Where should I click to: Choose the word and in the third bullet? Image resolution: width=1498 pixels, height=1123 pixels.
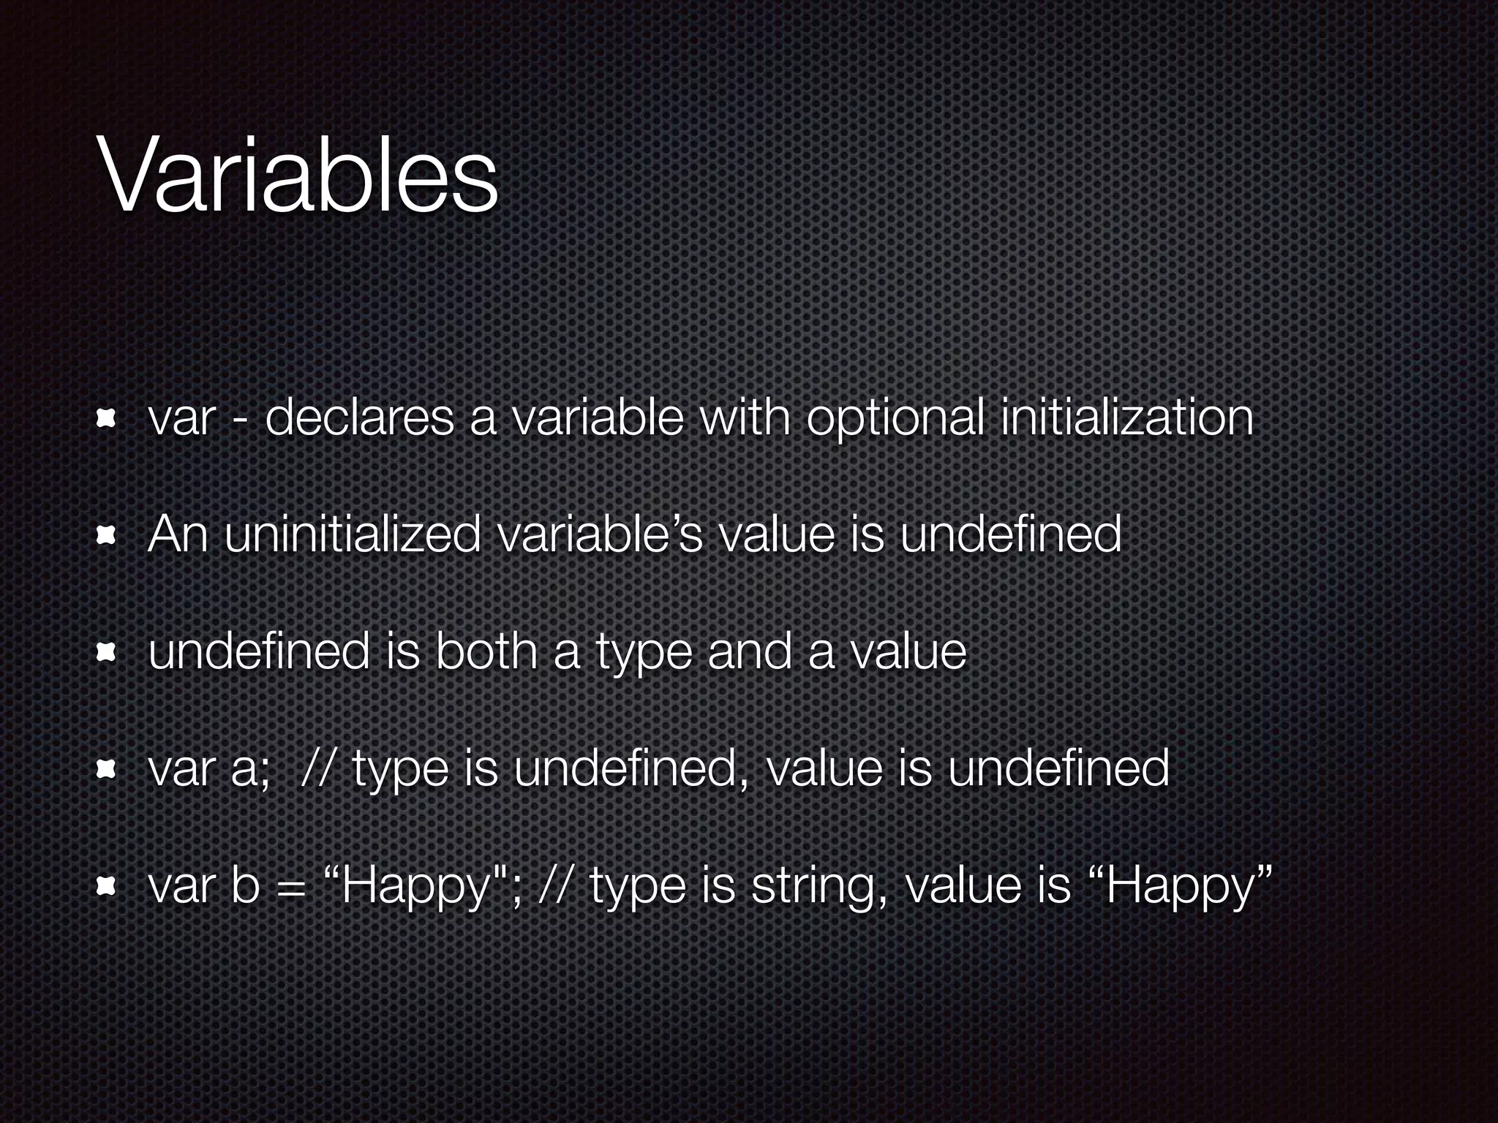(x=750, y=651)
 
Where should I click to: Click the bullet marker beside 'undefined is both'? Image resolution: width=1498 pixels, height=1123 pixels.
(x=106, y=651)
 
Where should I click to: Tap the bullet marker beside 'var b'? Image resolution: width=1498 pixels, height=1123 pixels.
(x=106, y=887)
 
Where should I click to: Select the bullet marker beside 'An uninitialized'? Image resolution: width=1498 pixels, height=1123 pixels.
(x=106, y=536)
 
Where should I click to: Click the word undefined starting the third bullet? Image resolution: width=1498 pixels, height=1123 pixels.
(x=259, y=651)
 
